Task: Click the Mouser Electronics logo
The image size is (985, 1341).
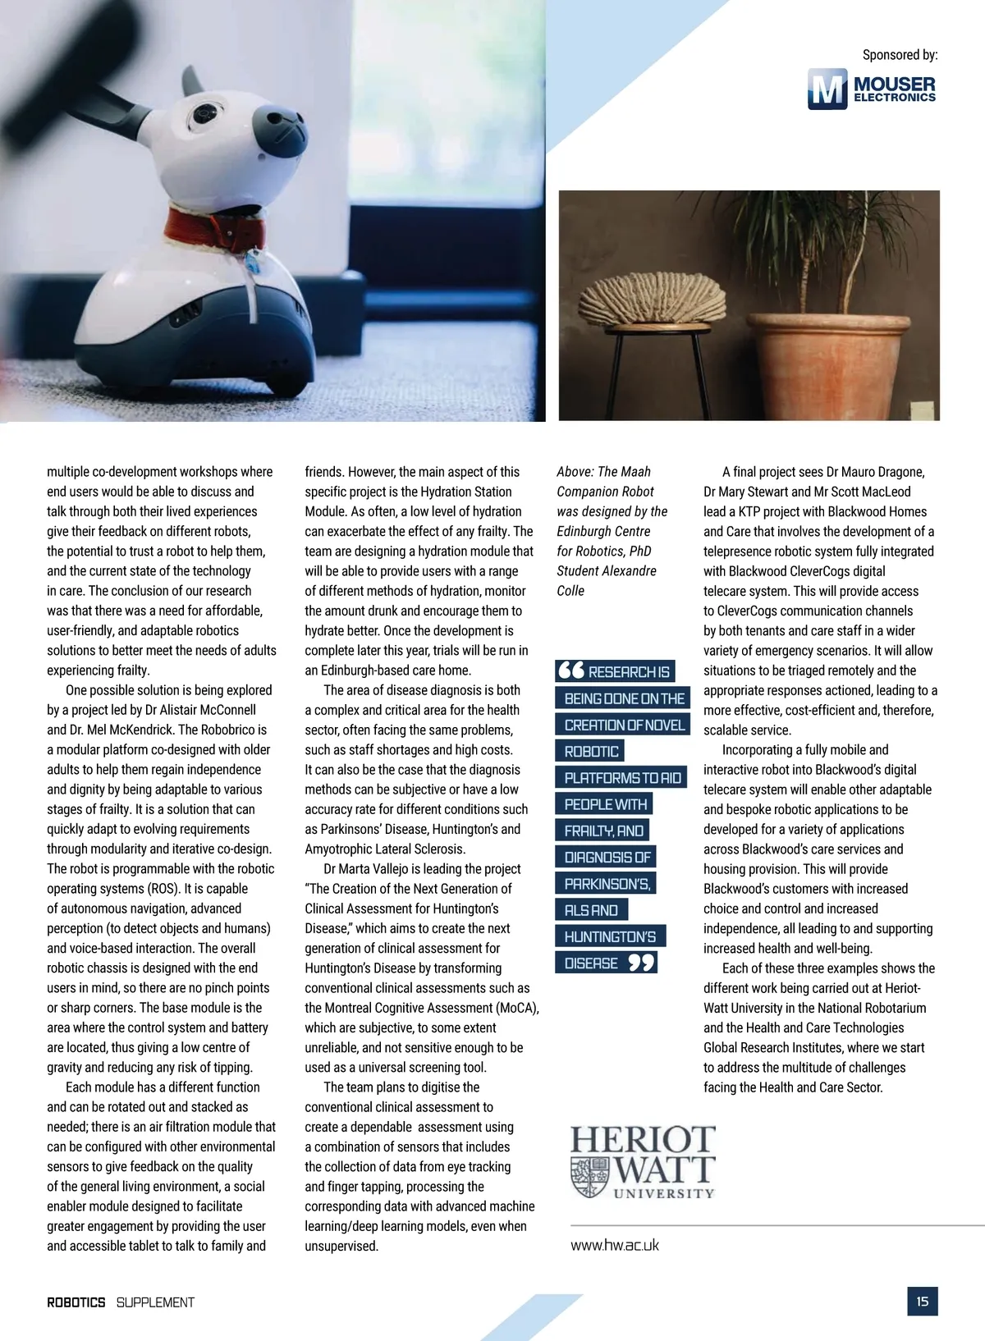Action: (x=872, y=89)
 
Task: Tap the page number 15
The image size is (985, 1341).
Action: (x=923, y=1302)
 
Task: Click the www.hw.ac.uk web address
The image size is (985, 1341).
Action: (x=615, y=1245)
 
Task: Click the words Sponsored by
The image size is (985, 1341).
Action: (x=900, y=55)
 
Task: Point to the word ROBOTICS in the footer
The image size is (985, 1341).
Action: (x=76, y=1302)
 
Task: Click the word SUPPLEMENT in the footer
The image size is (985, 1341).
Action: (x=155, y=1302)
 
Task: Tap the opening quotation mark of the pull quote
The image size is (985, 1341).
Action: (x=570, y=670)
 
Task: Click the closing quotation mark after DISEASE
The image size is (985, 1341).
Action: (x=641, y=963)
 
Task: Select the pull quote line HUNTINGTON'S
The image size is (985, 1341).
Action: (x=610, y=936)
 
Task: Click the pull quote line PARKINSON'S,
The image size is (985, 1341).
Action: (x=607, y=884)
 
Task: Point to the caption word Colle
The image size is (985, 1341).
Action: (x=570, y=591)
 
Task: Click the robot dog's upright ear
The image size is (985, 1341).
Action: (x=191, y=82)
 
